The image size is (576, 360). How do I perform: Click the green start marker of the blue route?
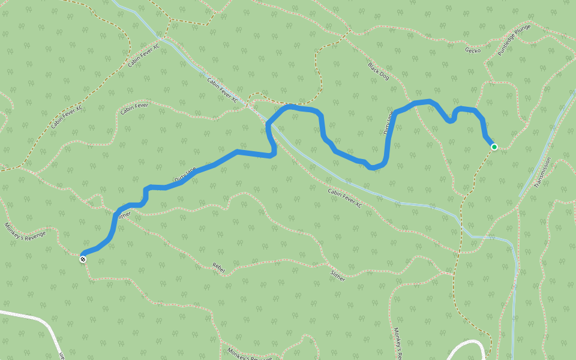click(x=494, y=146)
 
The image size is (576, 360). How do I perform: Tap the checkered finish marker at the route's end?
click(x=83, y=259)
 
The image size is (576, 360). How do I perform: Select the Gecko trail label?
click(x=473, y=50)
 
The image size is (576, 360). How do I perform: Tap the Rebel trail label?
click(x=218, y=268)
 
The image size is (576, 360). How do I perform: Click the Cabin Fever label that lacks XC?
click(x=134, y=109)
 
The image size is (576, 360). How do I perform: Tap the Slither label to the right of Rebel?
click(x=338, y=274)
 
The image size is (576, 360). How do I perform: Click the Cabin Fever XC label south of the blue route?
click(x=345, y=198)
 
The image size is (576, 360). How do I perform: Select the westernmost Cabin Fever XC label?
click(x=66, y=115)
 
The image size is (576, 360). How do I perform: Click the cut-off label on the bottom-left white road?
click(x=62, y=355)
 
